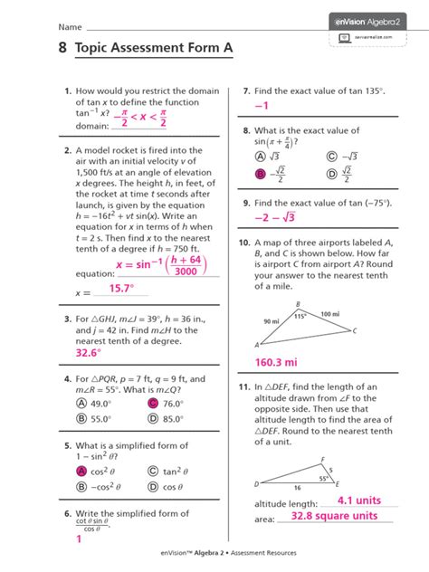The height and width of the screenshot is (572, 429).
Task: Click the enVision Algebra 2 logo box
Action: point(373,17)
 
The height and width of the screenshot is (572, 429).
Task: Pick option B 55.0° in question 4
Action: point(81,419)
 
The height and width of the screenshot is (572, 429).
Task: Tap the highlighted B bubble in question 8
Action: point(260,173)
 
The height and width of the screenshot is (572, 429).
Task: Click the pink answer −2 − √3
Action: point(277,217)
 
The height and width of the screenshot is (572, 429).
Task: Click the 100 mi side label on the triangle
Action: point(329,313)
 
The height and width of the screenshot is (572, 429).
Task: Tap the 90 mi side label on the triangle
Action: point(271,321)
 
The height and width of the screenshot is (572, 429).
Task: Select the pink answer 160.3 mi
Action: point(277,362)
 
